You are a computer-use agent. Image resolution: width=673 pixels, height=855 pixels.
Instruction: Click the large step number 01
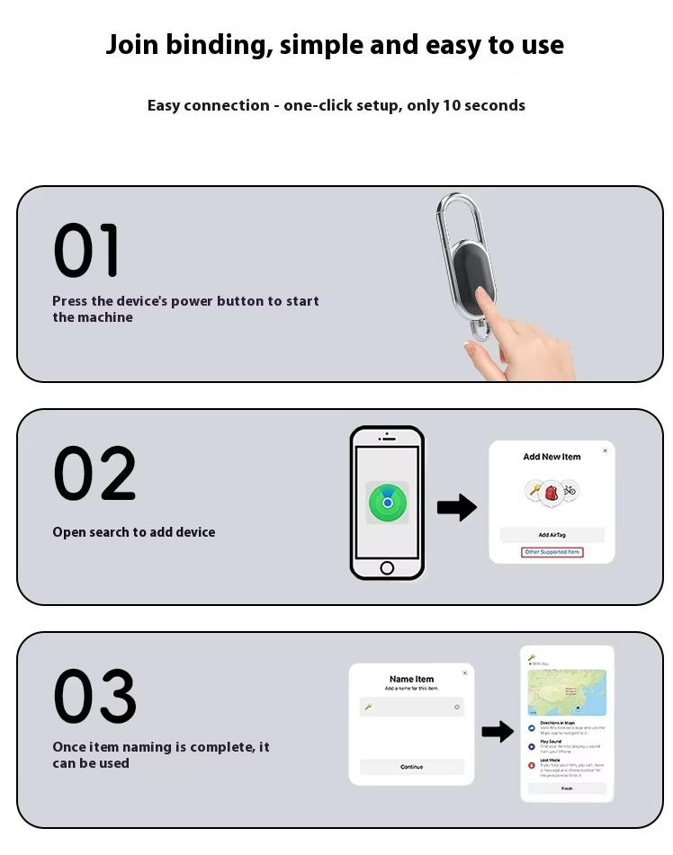(86, 252)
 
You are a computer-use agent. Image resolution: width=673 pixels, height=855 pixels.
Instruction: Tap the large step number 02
(94, 474)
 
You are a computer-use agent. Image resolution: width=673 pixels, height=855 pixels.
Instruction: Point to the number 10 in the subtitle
(451, 105)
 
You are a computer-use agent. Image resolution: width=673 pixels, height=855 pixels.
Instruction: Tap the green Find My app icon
(387, 503)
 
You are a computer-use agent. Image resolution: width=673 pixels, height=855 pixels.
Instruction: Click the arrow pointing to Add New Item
(456, 508)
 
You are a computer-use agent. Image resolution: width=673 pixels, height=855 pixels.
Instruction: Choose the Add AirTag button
(552, 535)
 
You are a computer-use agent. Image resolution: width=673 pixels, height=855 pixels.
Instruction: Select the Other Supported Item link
(552, 552)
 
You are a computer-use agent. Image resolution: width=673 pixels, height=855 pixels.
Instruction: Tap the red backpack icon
(552, 492)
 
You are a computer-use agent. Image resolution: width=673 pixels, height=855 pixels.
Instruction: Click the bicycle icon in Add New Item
(570, 490)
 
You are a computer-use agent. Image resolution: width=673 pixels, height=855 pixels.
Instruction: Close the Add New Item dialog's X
(605, 450)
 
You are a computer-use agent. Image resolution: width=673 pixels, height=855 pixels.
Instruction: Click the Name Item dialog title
(411, 679)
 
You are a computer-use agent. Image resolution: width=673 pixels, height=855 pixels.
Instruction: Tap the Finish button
(567, 788)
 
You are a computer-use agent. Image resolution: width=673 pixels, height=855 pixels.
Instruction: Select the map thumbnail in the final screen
(567, 692)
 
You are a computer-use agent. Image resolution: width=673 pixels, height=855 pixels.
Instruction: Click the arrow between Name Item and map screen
(497, 732)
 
